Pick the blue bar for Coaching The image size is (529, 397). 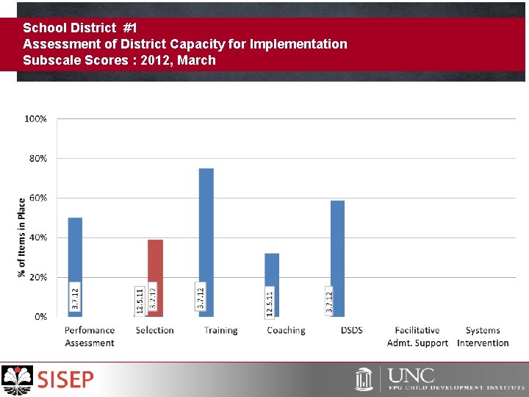272,272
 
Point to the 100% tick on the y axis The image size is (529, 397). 36,118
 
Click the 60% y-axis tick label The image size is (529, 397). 38,198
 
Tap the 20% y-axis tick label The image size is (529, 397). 38,277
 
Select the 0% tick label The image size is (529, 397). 40,317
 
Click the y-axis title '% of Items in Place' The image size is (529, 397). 22,237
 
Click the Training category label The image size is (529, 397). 220,331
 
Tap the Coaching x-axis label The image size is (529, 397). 286,331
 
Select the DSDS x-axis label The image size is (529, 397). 351,331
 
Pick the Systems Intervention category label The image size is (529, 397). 483,337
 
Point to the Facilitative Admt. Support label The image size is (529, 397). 417,337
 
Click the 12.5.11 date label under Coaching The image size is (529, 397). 270,302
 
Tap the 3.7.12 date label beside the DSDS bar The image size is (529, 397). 330,301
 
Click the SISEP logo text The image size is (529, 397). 66,380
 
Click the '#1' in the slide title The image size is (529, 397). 130,28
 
